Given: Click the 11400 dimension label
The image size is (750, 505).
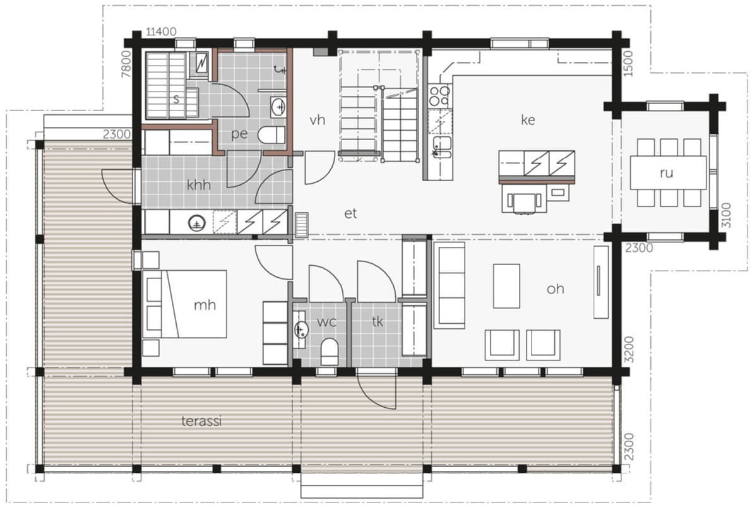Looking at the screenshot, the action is pyautogui.click(x=161, y=32).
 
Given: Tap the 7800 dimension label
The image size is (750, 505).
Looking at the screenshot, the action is pyautogui.click(x=126, y=64).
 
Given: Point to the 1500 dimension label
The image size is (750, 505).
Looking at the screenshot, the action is pyautogui.click(x=629, y=64).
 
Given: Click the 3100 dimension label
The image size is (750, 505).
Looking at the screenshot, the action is pyautogui.click(x=725, y=215).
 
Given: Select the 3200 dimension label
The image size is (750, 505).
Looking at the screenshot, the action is pyautogui.click(x=629, y=350).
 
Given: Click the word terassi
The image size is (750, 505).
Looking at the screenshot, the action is pyautogui.click(x=201, y=421).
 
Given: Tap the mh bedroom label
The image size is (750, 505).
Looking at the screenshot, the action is pyautogui.click(x=205, y=305).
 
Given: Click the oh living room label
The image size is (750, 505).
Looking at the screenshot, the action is pyautogui.click(x=556, y=289).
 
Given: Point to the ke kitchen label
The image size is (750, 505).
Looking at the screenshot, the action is pyautogui.click(x=528, y=119).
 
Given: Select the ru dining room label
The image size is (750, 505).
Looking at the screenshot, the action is pyautogui.click(x=666, y=173).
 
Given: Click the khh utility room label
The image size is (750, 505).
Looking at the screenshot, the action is pyautogui.click(x=198, y=184).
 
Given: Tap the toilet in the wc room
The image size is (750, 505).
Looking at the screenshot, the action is pyautogui.click(x=329, y=352).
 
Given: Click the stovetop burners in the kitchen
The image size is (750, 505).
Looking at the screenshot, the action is pyautogui.click(x=439, y=96).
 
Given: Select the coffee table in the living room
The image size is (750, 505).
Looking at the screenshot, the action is pyautogui.click(x=506, y=286).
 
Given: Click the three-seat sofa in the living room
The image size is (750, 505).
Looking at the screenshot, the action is pyautogui.click(x=449, y=285).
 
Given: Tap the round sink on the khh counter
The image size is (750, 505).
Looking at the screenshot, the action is pyautogui.click(x=196, y=223).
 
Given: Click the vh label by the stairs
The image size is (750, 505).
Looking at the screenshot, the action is pyautogui.click(x=317, y=119).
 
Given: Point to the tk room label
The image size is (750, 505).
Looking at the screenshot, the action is pyautogui.click(x=378, y=322).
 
